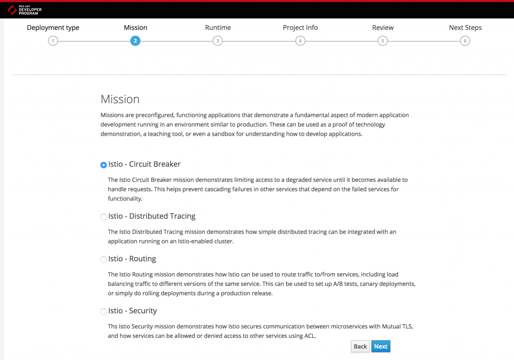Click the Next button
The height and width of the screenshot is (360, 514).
(x=380, y=346)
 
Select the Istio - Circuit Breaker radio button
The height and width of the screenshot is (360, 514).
(x=103, y=165)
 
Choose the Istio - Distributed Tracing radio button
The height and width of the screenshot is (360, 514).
(x=103, y=217)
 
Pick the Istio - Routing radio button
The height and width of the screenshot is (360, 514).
(x=103, y=260)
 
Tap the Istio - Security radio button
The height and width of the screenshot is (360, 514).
(x=103, y=312)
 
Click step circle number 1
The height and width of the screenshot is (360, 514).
(x=53, y=41)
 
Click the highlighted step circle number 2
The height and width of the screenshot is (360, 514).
(x=135, y=41)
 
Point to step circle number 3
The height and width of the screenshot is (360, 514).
(x=217, y=41)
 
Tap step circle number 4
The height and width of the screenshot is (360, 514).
(x=300, y=41)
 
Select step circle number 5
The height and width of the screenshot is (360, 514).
(x=382, y=41)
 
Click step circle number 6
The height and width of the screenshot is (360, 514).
(x=465, y=41)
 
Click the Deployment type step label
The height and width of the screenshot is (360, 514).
(x=53, y=28)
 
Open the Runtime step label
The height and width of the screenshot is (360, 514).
(x=218, y=28)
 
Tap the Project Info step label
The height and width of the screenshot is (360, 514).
(x=300, y=28)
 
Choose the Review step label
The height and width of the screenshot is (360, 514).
(x=382, y=28)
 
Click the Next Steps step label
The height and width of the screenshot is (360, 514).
(x=465, y=28)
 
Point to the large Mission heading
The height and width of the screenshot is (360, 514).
(x=120, y=99)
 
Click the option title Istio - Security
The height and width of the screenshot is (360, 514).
(x=133, y=311)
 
